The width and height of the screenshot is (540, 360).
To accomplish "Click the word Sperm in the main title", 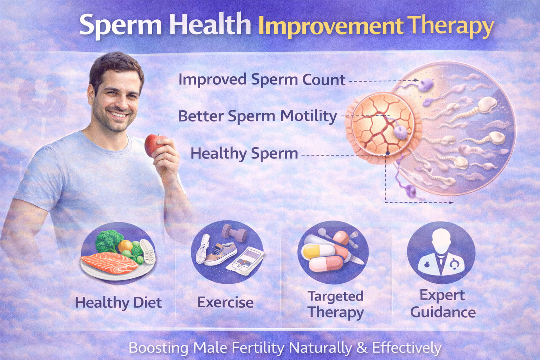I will [x=120, y=25].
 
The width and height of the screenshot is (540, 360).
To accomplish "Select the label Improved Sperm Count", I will [x=262, y=80].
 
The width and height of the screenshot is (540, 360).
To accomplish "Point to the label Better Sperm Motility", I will [x=257, y=116].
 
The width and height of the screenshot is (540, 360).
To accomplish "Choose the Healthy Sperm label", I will [x=244, y=154].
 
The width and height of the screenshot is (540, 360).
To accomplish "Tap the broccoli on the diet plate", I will [x=108, y=240].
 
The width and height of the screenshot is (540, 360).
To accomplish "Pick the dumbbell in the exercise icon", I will [x=234, y=233].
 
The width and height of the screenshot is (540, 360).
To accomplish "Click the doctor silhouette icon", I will [x=441, y=252].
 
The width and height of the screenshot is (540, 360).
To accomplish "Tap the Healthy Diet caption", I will [x=118, y=303].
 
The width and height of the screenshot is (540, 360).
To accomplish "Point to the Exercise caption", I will [x=225, y=302].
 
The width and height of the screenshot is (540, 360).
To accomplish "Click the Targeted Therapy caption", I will [x=335, y=304].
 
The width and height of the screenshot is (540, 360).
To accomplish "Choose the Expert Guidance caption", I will [x=443, y=304].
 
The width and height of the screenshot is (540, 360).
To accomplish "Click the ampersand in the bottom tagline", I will [x=362, y=348].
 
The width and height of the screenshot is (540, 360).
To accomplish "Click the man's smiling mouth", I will [x=118, y=114].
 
